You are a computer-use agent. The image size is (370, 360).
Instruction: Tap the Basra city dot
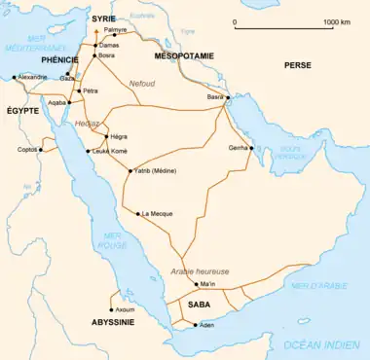[x=227, y=99]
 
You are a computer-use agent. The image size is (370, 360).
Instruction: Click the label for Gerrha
[x=236, y=147]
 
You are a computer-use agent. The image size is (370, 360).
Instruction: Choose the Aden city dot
[x=196, y=324]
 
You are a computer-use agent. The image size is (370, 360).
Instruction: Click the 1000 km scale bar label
[x=337, y=21]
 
